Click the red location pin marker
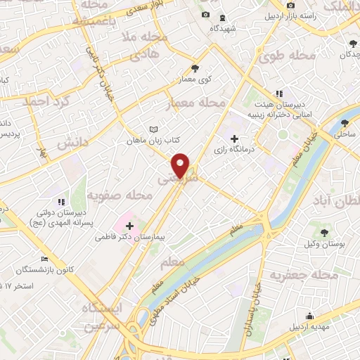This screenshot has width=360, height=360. coord(181,165)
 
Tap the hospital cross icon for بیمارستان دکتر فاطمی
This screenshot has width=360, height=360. coord(129,226)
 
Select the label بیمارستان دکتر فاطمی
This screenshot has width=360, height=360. coord(130,238)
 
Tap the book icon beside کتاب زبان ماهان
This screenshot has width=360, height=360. coord(154,129)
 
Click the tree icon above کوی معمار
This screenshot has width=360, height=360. coord(195,68)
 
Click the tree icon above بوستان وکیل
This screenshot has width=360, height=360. coord(324,232)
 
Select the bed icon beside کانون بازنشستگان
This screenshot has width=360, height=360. coord(46,259)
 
